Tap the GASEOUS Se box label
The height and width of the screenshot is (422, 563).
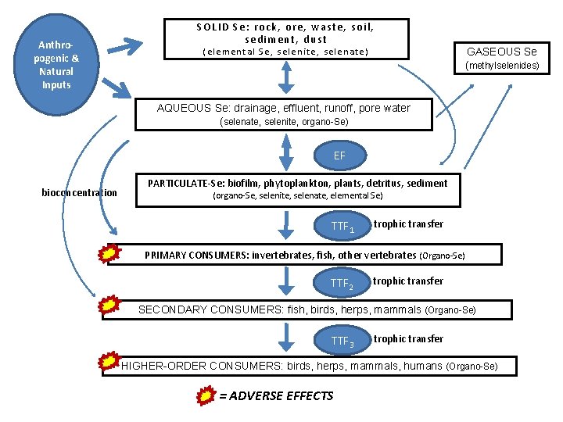point(502,52)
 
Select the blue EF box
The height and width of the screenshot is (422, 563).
point(339,156)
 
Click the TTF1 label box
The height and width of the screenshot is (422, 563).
point(343,227)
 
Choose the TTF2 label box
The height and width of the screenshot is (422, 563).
point(342,284)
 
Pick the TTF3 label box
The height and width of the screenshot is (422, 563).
point(342,341)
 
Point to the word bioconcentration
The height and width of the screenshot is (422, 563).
point(80,193)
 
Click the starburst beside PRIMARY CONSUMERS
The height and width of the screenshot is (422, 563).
point(111,254)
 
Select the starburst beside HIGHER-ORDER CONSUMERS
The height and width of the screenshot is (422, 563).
point(110,361)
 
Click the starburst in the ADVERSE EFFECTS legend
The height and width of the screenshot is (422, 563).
point(205,395)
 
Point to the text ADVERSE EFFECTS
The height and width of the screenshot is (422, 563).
point(276,395)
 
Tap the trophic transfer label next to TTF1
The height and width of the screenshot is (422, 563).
point(408,224)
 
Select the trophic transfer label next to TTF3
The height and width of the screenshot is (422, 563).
point(408,338)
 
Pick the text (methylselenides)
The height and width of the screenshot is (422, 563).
point(503,66)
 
